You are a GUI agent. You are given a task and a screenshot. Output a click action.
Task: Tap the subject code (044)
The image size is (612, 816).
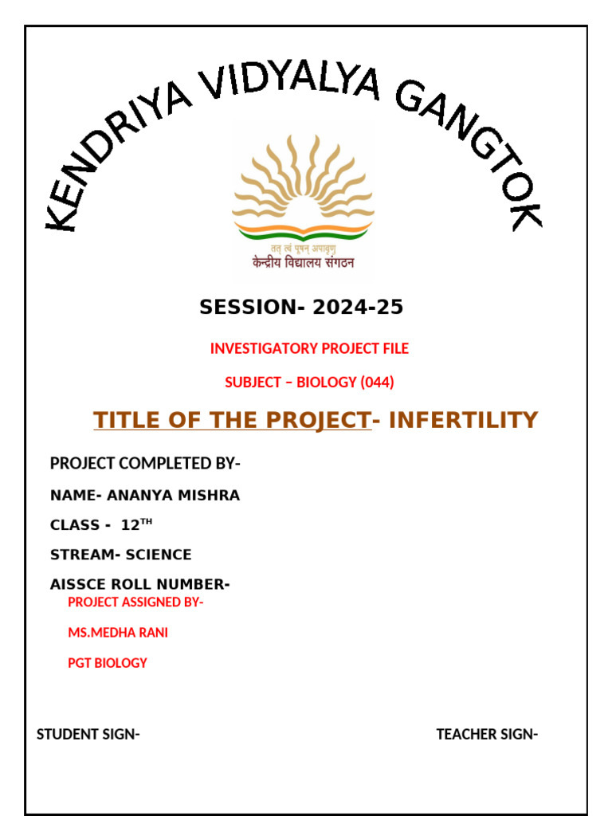coord(377,382)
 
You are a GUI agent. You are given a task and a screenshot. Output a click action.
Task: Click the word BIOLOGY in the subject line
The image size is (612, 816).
coord(327,382)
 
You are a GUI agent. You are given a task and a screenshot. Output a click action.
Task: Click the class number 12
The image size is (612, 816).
coord(130,526)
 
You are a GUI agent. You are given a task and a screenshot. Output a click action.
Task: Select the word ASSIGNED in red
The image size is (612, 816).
coord(145,602)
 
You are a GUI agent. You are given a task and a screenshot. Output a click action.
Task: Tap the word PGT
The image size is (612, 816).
coord(80,663)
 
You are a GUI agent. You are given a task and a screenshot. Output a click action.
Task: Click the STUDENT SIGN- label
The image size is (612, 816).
coord(88,735)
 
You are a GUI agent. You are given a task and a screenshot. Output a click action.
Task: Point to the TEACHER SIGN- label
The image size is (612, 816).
coord(487,735)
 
